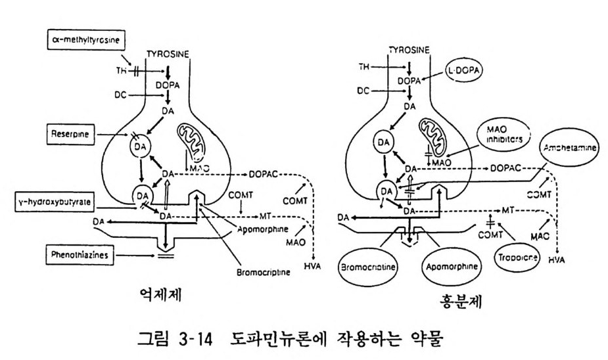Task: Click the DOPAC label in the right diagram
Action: point(510,168)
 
